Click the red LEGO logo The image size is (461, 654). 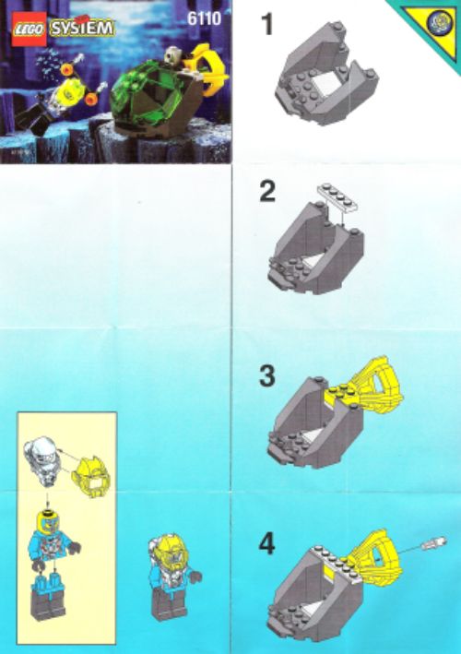pyautogui.click(x=29, y=30)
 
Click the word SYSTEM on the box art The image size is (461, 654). pyautogui.click(x=81, y=29)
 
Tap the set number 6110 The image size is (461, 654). pyautogui.click(x=204, y=18)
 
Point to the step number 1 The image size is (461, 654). pyautogui.click(x=266, y=25)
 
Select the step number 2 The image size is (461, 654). pyautogui.click(x=267, y=193)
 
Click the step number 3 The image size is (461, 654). pyautogui.click(x=267, y=376)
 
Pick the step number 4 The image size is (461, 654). pyautogui.click(x=267, y=545)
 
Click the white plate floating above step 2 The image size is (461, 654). pyautogui.click(x=339, y=196)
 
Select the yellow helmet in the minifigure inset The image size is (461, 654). pyautogui.click(x=89, y=476)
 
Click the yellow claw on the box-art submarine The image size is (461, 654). pyautogui.click(x=207, y=69)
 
